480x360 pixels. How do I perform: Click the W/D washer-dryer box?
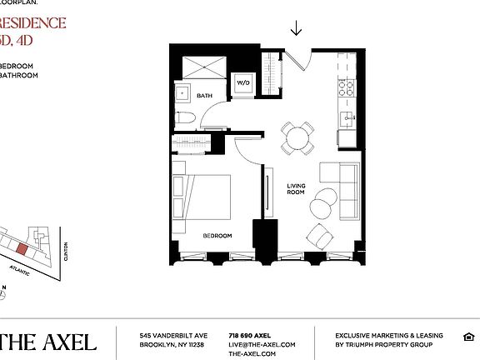(x=243, y=83)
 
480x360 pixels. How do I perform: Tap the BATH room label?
(x=204, y=96)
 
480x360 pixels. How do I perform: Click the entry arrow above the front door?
(x=296, y=29)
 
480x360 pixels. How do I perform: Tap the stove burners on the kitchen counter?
(x=345, y=86)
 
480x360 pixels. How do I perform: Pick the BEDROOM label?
(x=217, y=236)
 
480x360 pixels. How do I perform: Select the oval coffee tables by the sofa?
(x=324, y=202)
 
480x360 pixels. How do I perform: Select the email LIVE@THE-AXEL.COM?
(x=262, y=344)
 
